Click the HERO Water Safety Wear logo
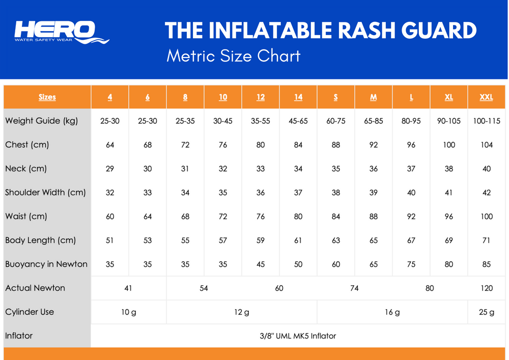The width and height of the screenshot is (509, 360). (62, 32)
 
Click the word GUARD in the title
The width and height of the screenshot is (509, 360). (439, 31)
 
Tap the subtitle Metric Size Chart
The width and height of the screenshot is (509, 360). (234, 56)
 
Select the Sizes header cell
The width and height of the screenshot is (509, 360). (47, 97)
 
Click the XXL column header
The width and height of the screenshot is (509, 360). (486, 97)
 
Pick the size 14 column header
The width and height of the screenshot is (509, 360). (298, 97)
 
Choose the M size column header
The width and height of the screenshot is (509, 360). (373, 97)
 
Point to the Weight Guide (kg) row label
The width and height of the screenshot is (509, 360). (42, 121)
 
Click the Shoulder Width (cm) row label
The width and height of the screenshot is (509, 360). (45, 192)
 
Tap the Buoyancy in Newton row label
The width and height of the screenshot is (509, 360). (46, 264)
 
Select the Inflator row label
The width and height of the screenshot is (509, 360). (19, 336)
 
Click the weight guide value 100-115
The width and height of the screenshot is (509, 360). (487, 121)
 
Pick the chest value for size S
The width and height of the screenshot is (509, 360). (335, 145)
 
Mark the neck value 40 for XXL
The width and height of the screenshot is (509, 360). (486, 169)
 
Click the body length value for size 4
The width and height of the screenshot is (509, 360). (110, 240)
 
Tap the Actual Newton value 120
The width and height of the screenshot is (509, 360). (487, 288)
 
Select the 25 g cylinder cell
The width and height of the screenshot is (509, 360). (487, 312)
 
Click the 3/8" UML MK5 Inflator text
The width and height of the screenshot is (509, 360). (298, 336)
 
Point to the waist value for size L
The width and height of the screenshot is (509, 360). (411, 216)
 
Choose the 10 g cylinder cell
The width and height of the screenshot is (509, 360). (129, 312)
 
